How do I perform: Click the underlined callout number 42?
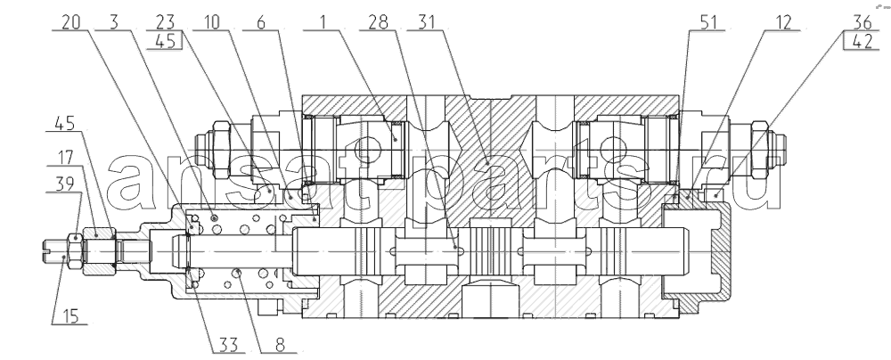pyautogui.click(x=862, y=41)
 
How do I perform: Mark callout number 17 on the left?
pyautogui.click(x=65, y=157)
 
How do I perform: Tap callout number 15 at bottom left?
pyautogui.click(x=69, y=315)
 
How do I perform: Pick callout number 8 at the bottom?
pyautogui.click(x=280, y=345)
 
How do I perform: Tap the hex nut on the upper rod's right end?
pyautogui.click(x=760, y=150)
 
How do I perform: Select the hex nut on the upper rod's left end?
pyautogui.click(x=220, y=150)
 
